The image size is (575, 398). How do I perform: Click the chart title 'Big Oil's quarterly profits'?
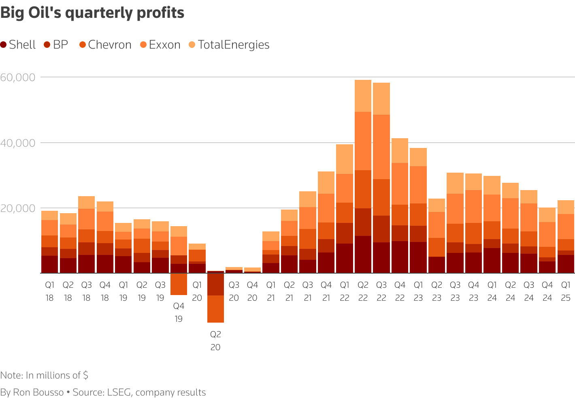pyautogui.click(x=92, y=13)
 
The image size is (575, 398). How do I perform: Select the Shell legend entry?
pyautogui.click(x=18, y=45)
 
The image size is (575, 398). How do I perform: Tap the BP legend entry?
pyautogui.click(x=56, y=45)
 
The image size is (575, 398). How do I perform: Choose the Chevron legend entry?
pyautogui.click(x=105, y=45)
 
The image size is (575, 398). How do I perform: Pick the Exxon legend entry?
pyautogui.click(x=160, y=45)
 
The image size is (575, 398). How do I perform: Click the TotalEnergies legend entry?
pyautogui.click(x=229, y=45)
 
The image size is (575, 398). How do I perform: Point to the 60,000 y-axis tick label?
pyautogui.click(x=17, y=77)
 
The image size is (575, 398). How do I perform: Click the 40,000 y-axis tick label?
pyautogui.click(x=17, y=143)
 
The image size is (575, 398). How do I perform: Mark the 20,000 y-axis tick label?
pyautogui.click(x=17, y=208)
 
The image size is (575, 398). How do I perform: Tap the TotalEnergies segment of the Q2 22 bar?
pyautogui.click(x=363, y=96)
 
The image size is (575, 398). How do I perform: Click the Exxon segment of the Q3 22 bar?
pyautogui.click(x=381, y=147)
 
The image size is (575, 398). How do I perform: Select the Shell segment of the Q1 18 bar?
pyautogui.click(x=49, y=264)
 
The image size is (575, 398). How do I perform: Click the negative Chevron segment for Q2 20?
pyautogui.click(x=215, y=309)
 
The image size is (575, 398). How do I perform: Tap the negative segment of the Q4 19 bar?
pyautogui.click(x=179, y=284)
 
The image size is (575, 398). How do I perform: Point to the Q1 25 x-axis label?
pyautogui.click(x=566, y=291)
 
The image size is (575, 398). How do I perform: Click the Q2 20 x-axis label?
pyautogui.click(x=215, y=341)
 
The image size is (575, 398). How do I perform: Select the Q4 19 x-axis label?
pyautogui.click(x=179, y=312)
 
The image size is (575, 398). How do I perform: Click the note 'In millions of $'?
pyautogui.click(x=44, y=375)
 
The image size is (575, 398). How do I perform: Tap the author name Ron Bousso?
pyautogui.click(x=38, y=392)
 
